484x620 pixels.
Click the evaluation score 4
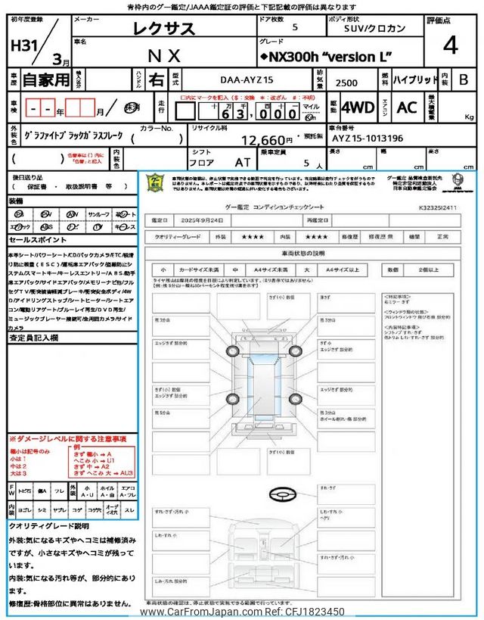(x=451, y=45)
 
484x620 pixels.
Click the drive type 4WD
(x=358, y=107)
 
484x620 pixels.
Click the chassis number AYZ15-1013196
(x=367, y=139)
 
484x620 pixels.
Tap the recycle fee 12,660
(x=265, y=139)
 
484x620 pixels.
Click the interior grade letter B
(x=463, y=79)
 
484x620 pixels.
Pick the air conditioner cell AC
(x=406, y=107)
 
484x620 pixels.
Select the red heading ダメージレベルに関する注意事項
(x=67, y=439)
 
